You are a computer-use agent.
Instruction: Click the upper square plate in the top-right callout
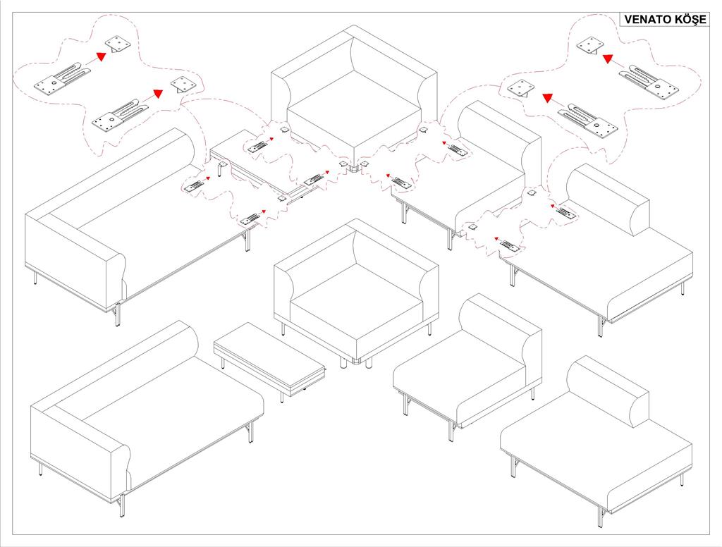coord(589,46)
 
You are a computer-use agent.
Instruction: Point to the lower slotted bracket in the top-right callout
coord(589,122)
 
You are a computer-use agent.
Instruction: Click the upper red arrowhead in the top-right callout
coord(607,59)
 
